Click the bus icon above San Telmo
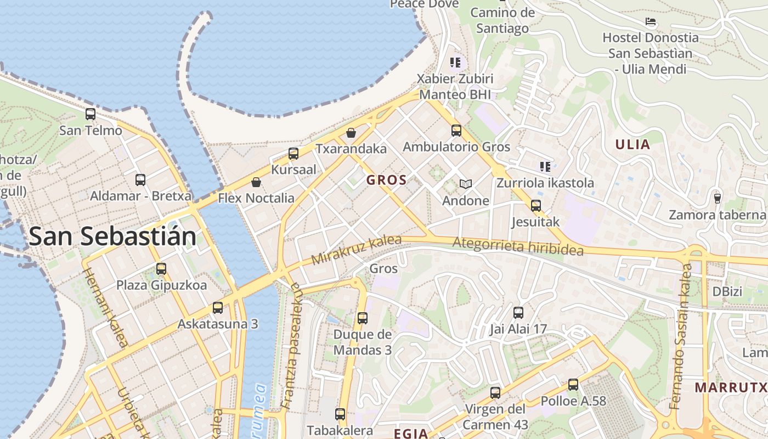click(91, 114)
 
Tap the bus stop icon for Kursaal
click(293, 154)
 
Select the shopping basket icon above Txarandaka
click(351, 133)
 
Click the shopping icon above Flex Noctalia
click(256, 182)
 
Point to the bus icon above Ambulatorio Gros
click(456, 131)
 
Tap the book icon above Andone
click(466, 184)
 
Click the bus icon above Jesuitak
click(536, 206)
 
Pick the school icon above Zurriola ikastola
click(545, 166)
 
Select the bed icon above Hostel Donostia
click(651, 22)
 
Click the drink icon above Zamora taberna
click(717, 198)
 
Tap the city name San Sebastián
click(112, 237)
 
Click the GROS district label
click(387, 180)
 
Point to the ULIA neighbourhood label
click(633, 145)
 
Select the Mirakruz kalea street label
click(357, 250)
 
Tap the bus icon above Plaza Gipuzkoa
click(161, 269)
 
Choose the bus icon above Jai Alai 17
click(518, 313)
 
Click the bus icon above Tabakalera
click(340, 414)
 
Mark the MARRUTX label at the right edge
click(731, 387)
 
